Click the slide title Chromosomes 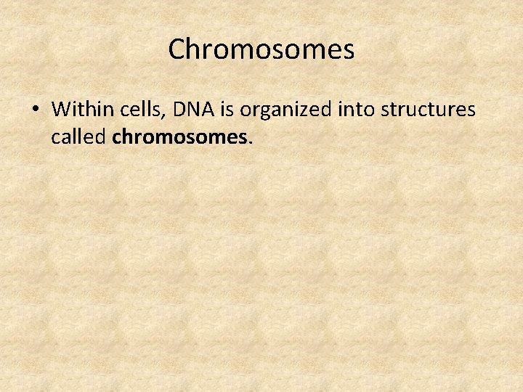[261, 49]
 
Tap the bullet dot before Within [35, 110]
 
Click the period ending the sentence [251, 142]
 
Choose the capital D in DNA [177, 109]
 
